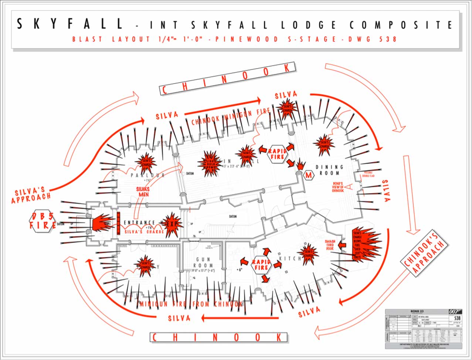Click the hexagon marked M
tap(308, 176)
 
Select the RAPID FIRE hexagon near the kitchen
tap(261, 265)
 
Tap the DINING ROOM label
tap(329, 170)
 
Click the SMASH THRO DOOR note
tap(330, 245)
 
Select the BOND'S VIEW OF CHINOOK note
tap(338, 187)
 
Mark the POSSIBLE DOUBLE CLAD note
tap(369, 174)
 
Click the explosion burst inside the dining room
tap(324, 145)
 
